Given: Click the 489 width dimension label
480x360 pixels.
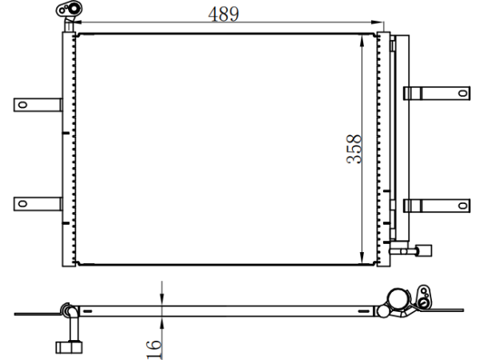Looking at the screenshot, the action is click(x=223, y=14).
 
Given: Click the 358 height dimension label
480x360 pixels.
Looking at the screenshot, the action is click(x=354, y=149).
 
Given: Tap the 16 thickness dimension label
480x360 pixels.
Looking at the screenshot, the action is click(x=154, y=350).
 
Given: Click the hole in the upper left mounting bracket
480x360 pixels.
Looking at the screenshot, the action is click(x=22, y=105).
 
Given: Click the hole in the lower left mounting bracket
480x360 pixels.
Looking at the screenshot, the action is click(x=22, y=203).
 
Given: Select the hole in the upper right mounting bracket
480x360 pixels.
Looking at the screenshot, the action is click(x=462, y=93).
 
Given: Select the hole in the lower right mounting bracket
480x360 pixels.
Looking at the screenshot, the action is click(x=462, y=205).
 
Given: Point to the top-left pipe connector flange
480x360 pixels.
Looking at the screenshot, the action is click(x=69, y=9).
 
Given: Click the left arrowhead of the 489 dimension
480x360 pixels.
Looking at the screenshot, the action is click(x=77, y=22).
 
